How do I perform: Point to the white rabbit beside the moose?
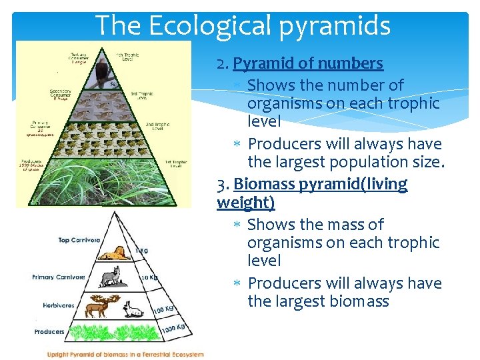[135, 309]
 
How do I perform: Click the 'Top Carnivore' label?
[79, 240]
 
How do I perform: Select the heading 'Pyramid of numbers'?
[308, 63]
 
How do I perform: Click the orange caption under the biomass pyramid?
[125, 354]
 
